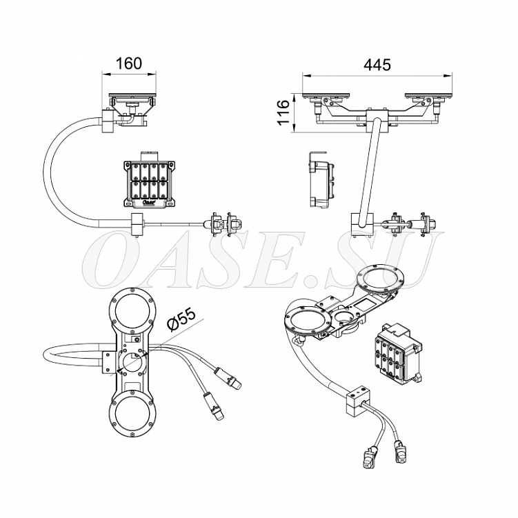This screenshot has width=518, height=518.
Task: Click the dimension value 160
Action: click(x=129, y=63)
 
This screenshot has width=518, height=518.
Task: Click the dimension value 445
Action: click(x=377, y=65)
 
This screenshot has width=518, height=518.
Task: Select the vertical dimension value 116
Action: click(x=283, y=112)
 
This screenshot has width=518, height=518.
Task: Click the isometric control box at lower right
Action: click(x=398, y=353)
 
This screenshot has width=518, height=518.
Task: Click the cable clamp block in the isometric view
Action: click(x=358, y=401)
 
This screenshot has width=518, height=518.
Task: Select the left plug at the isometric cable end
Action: click(x=368, y=458)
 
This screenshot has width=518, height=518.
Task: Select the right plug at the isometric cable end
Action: click(x=400, y=451)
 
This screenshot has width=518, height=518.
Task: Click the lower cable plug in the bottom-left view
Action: click(x=213, y=407)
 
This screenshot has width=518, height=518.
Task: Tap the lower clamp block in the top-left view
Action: click(x=137, y=224)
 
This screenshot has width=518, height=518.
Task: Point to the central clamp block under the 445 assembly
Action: click(x=377, y=121)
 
